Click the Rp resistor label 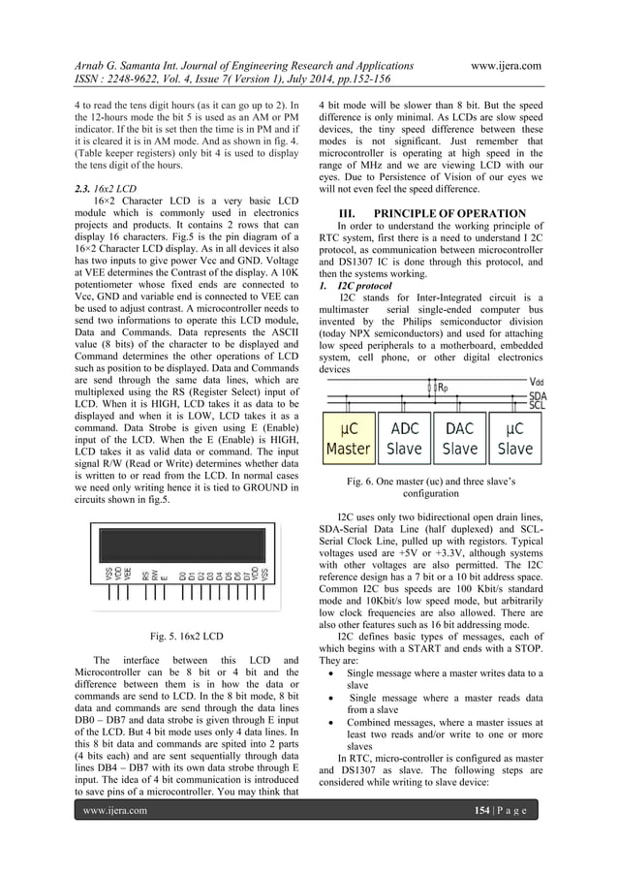[x=443, y=389]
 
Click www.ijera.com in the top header [x=505, y=65]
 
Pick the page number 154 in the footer [x=481, y=837]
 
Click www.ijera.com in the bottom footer [x=115, y=837]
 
